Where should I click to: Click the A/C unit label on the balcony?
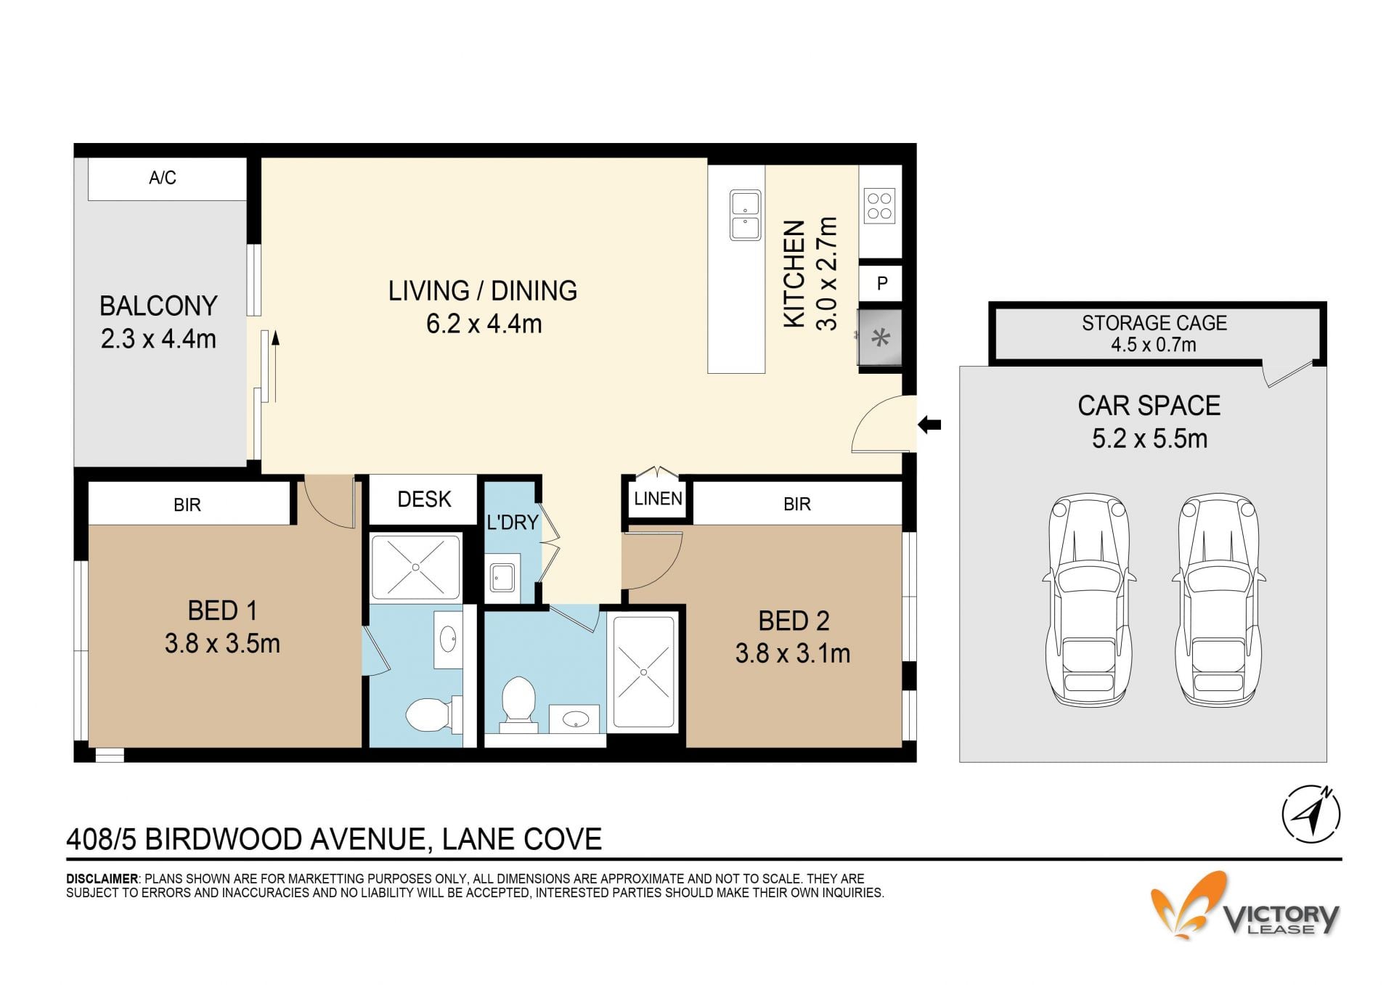163,178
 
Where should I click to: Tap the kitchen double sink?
745,215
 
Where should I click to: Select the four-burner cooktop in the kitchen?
879,205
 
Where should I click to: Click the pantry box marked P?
881,282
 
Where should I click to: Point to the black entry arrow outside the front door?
929,425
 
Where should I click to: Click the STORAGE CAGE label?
1154,323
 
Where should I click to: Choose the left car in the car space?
1089,600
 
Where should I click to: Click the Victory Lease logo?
1245,906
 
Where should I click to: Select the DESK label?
424,499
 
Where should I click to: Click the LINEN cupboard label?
658,499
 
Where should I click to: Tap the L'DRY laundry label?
513,522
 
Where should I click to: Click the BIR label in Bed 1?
187,505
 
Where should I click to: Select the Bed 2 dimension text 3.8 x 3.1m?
793,653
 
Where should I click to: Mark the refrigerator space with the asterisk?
880,338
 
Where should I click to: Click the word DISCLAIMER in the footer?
102,879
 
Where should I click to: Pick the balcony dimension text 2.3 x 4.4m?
158,339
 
